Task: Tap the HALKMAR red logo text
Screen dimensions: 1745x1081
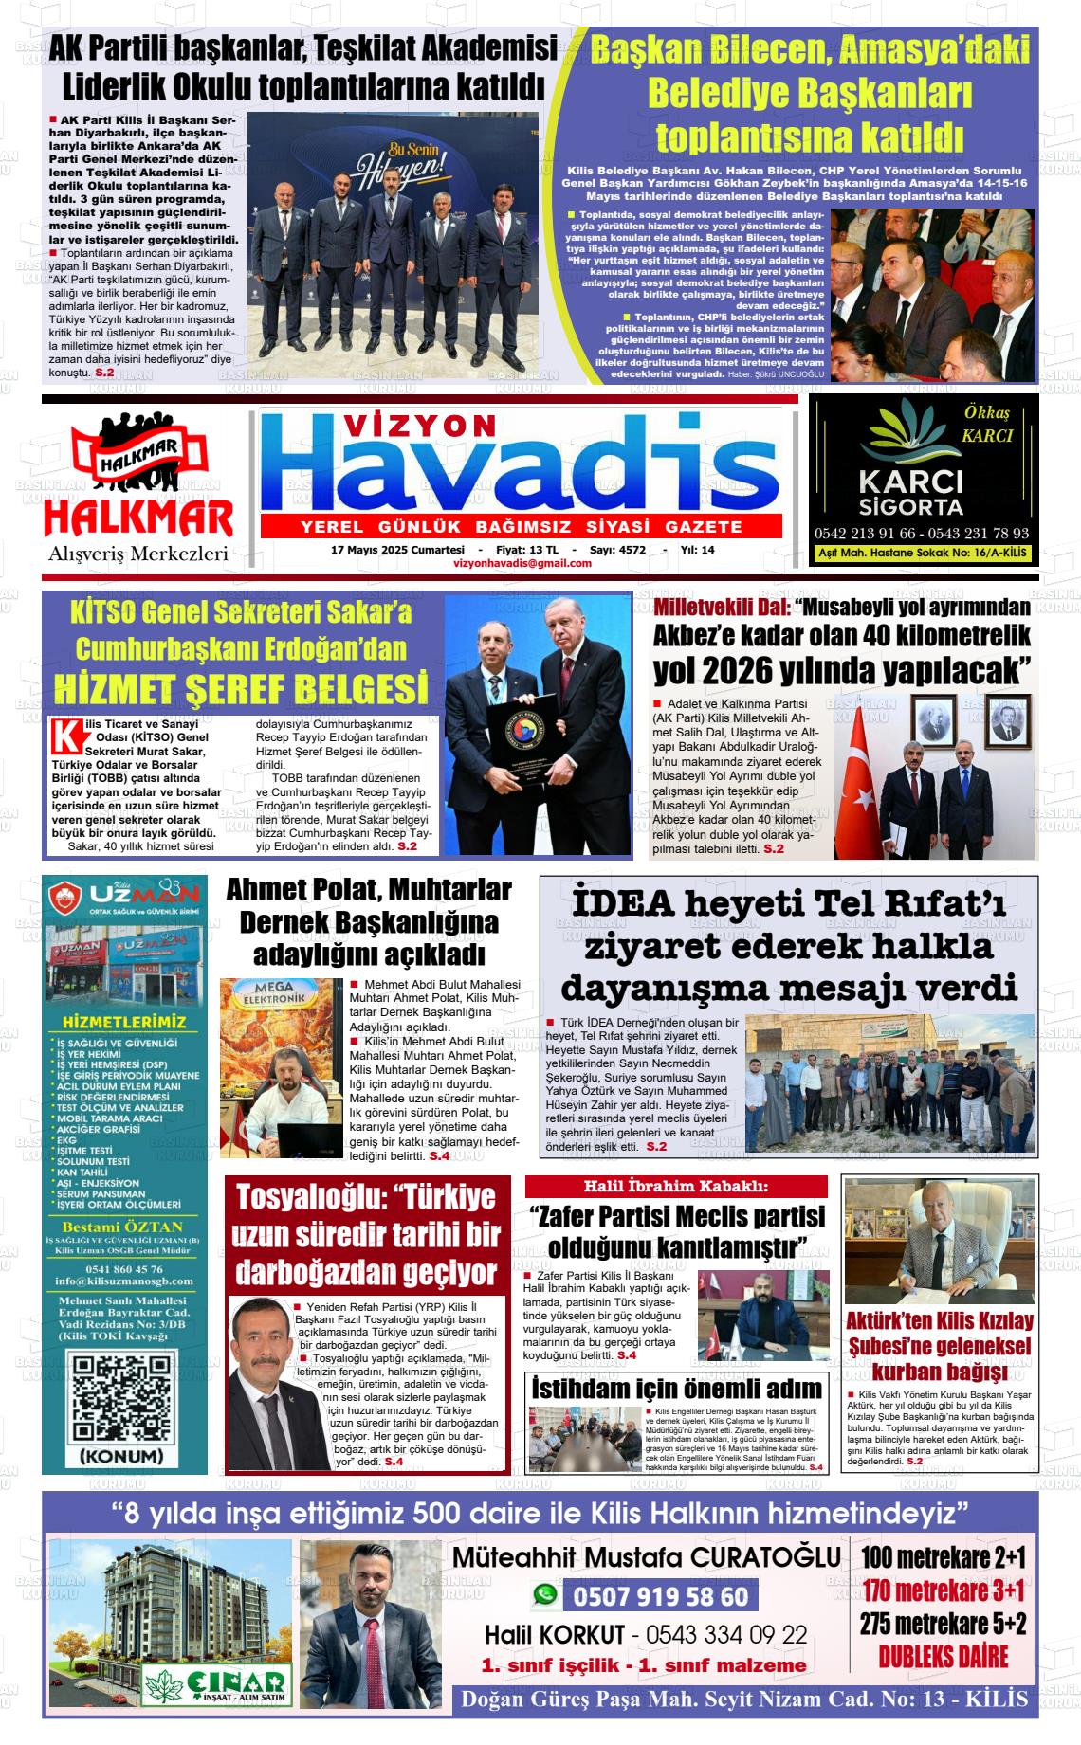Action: point(138,518)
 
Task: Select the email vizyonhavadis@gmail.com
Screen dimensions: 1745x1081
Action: point(522,563)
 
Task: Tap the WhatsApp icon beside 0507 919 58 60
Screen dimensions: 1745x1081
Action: point(544,1596)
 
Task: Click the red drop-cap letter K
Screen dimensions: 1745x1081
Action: point(64,736)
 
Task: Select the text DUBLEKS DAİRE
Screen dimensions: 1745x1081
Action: point(943,1656)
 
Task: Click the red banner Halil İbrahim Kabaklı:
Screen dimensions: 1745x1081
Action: point(675,1186)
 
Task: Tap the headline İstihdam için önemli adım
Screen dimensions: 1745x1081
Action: point(677,1389)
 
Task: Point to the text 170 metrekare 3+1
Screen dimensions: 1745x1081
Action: point(943,1590)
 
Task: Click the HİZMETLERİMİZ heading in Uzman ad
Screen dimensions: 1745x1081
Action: point(123,1022)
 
